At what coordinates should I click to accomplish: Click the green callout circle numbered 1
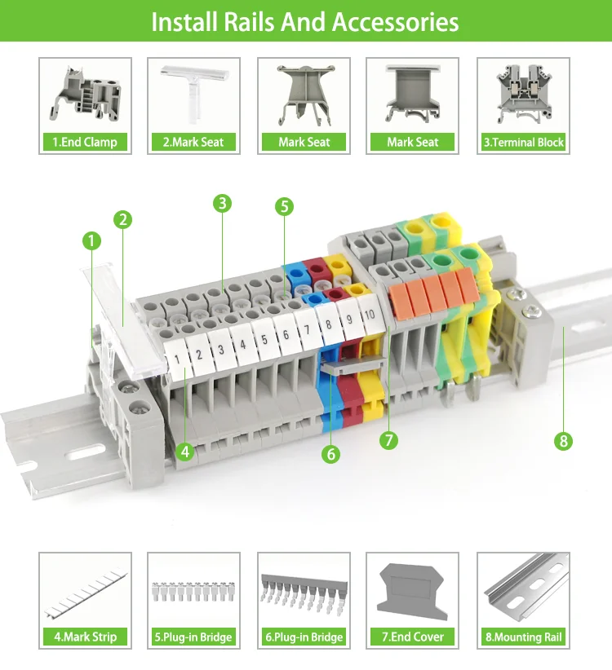tap(91, 240)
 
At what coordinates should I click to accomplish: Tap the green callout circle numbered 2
tap(122, 218)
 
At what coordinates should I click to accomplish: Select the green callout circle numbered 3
tap(223, 203)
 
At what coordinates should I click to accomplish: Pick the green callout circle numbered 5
tap(284, 206)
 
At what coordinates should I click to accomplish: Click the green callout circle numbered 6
tap(330, 454)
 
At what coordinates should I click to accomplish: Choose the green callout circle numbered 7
tap(388, 440)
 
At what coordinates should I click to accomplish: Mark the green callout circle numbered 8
tap(563, 441)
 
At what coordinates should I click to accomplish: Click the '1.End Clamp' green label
tap(85, 142)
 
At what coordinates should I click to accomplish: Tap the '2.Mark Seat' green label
tap(193, 142)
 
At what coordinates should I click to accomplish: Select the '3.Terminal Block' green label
tap(523, 142)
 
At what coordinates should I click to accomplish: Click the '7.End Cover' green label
tap(412, 637)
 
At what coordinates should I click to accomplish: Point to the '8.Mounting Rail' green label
tap(523, 637)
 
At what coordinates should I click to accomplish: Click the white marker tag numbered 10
tap(369, 314)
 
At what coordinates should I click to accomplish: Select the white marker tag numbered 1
tap(179, 356)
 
